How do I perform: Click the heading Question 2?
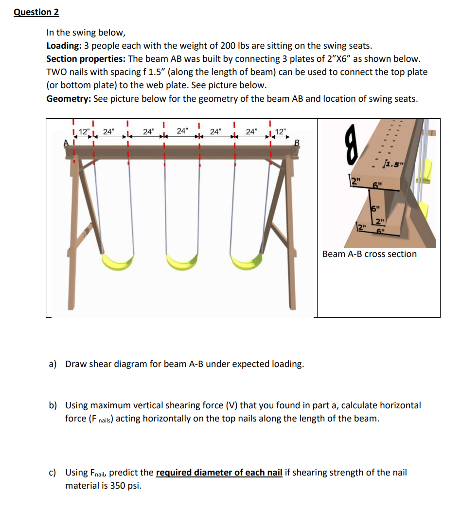33,13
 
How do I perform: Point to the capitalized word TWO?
56,72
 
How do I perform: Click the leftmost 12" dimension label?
84,131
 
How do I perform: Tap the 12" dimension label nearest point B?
281,131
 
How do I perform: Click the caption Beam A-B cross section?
369,254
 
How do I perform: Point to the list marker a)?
52,364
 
